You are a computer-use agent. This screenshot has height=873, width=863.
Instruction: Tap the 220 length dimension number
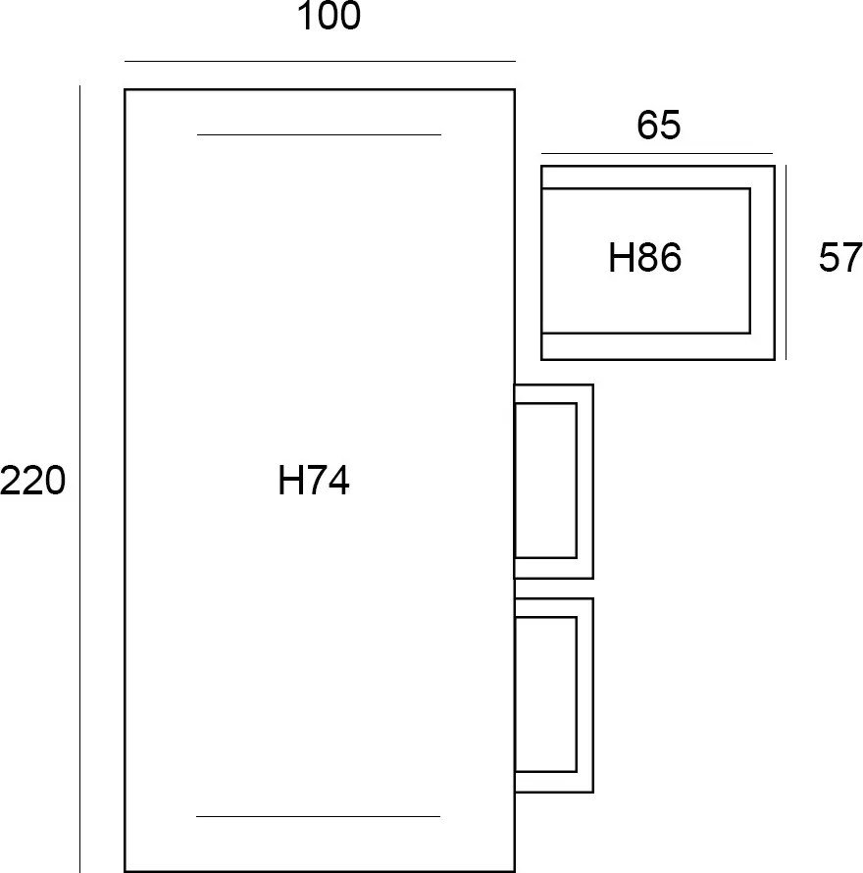32,480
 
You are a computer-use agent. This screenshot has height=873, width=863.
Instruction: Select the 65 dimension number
658,125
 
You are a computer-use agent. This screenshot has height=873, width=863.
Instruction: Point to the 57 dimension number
840,257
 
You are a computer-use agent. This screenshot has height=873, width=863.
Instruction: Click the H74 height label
314,480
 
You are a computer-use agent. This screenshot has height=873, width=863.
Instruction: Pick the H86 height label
644,257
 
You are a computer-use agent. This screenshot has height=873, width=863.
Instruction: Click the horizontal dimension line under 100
320,61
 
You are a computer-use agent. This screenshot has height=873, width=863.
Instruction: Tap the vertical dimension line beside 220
79,479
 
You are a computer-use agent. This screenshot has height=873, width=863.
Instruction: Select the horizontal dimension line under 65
657,153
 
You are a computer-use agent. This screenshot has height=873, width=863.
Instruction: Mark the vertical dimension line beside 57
786,262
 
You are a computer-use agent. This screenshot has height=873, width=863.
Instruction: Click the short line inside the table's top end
319,134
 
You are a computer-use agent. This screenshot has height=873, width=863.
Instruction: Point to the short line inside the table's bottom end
318,816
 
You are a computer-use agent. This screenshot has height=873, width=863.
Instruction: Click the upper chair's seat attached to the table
545,481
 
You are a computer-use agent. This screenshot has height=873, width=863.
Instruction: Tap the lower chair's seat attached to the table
545,694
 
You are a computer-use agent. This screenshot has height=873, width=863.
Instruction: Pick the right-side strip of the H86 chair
762,262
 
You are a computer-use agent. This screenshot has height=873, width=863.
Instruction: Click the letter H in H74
290,480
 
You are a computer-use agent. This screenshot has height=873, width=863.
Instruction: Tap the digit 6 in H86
670,257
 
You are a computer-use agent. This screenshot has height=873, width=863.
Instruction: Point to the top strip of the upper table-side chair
554,393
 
